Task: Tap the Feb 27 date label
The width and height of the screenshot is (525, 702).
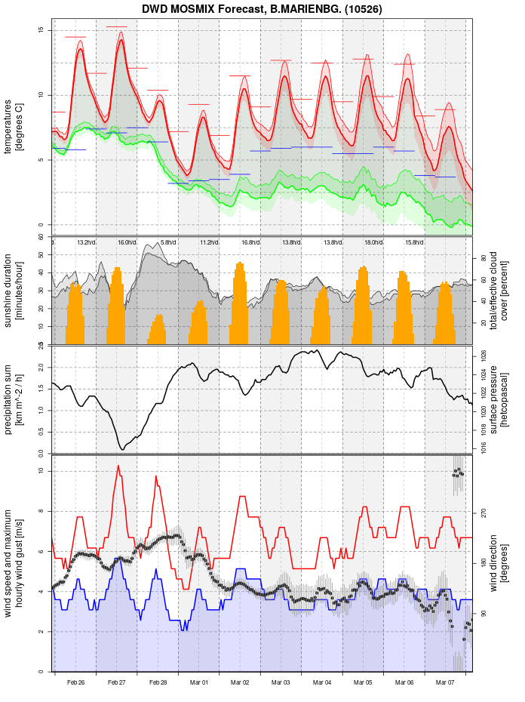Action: tap(117, 682)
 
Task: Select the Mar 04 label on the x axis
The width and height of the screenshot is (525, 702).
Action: tap(322, 682)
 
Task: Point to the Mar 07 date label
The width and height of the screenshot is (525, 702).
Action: tap(445, 682)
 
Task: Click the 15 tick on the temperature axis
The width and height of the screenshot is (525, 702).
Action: tap(41, 30)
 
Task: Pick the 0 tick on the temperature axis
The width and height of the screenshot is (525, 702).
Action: tap(41, 225)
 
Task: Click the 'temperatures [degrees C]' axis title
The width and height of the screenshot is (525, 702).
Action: tap(14, 128)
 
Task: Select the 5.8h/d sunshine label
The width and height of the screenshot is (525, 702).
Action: tap(168, 242)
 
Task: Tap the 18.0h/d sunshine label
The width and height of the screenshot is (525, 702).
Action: tap(373, 242)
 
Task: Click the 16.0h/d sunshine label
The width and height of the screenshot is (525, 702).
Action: tap(127, 242)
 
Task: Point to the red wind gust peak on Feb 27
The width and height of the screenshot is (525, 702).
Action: tap(118, 466)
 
